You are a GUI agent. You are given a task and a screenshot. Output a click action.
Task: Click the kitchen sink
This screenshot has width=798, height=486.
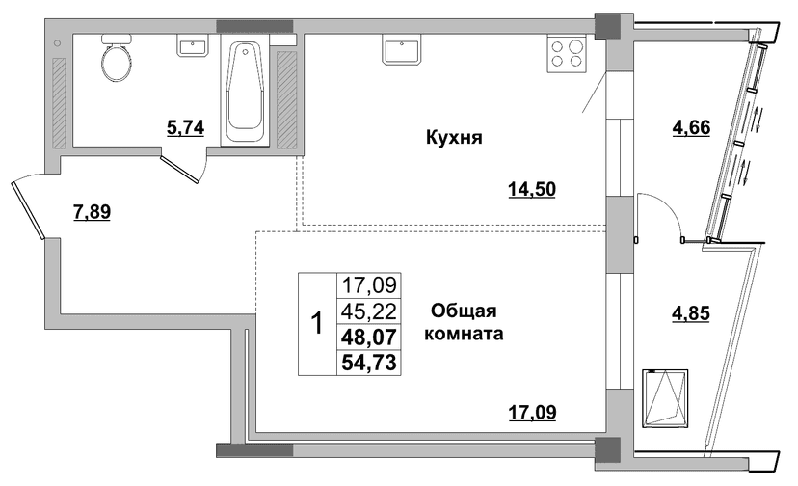pos(402,49)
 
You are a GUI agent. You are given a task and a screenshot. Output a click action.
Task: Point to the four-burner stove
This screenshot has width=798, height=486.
pos(567,54)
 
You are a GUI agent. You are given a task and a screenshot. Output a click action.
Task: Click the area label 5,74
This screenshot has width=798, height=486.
pos(186,128)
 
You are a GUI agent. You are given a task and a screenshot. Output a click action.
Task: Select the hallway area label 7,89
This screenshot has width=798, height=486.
pos(93,211)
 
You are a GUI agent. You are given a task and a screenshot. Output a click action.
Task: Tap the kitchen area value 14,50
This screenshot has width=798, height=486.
pos(532,190)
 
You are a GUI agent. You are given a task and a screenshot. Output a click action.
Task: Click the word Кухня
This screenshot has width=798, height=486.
pos(454,138)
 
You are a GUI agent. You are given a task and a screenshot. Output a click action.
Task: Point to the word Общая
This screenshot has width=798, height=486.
pos(464,310)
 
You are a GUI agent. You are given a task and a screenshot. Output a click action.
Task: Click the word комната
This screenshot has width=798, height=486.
pos(464,334)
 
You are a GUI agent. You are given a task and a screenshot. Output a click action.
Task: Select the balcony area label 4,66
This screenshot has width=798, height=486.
pos(691,127)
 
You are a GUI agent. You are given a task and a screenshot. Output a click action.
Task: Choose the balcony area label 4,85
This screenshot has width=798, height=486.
pos(691,313)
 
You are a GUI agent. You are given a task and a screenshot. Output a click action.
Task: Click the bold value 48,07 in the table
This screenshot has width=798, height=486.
pos(369,337)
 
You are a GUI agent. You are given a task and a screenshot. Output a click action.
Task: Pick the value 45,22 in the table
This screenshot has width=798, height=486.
pos(369,310)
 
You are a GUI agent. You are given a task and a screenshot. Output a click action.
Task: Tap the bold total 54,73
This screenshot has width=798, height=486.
pos(369,363)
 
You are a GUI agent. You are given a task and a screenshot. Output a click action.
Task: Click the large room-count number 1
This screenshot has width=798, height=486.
pos(317,323)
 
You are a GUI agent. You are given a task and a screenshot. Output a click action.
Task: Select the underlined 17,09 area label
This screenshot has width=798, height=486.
pos(532,412)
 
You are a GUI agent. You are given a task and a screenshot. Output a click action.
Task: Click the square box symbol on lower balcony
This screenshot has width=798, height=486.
pos(665,398)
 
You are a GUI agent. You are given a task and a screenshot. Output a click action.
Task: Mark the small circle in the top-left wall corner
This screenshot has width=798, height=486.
pos(57,43)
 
